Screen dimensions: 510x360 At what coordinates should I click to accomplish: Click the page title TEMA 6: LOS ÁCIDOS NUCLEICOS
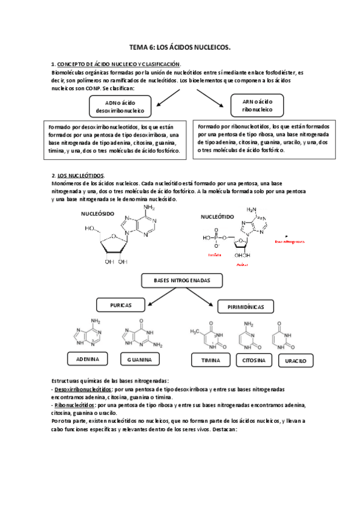(x=180, y=46)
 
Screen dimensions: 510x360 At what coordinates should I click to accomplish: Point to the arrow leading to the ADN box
(x=163, y=96)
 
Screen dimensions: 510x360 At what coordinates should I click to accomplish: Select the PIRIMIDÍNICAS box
(x=246, y=307)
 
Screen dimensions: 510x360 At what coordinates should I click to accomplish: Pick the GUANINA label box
(x=140, y=359)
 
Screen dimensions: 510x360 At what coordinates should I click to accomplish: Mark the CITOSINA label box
(x=253, y=360)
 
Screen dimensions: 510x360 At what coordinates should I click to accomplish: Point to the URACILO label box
(x=294, y=360)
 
